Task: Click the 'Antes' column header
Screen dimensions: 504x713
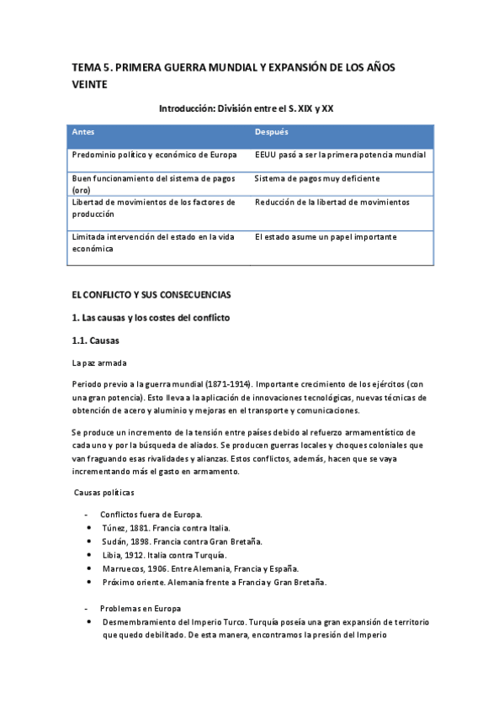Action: (x=83, y=133)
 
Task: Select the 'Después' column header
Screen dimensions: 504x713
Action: (x=272, y=133)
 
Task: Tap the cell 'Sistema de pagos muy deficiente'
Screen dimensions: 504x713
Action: (x=317, y=179)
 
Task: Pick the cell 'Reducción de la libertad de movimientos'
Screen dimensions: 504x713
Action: (x=332, y=203)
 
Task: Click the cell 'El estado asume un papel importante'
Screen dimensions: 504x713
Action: (x=326, y=238)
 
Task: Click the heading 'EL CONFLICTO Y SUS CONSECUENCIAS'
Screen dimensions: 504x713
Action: (x=151, y=295)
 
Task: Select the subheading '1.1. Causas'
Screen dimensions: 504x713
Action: (x=96, y=341)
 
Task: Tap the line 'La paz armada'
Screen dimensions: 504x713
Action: (x=97, y=363)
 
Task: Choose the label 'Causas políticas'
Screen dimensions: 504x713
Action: (x=104, y=492)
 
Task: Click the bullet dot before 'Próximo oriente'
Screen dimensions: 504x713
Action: (x=89, y=583)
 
